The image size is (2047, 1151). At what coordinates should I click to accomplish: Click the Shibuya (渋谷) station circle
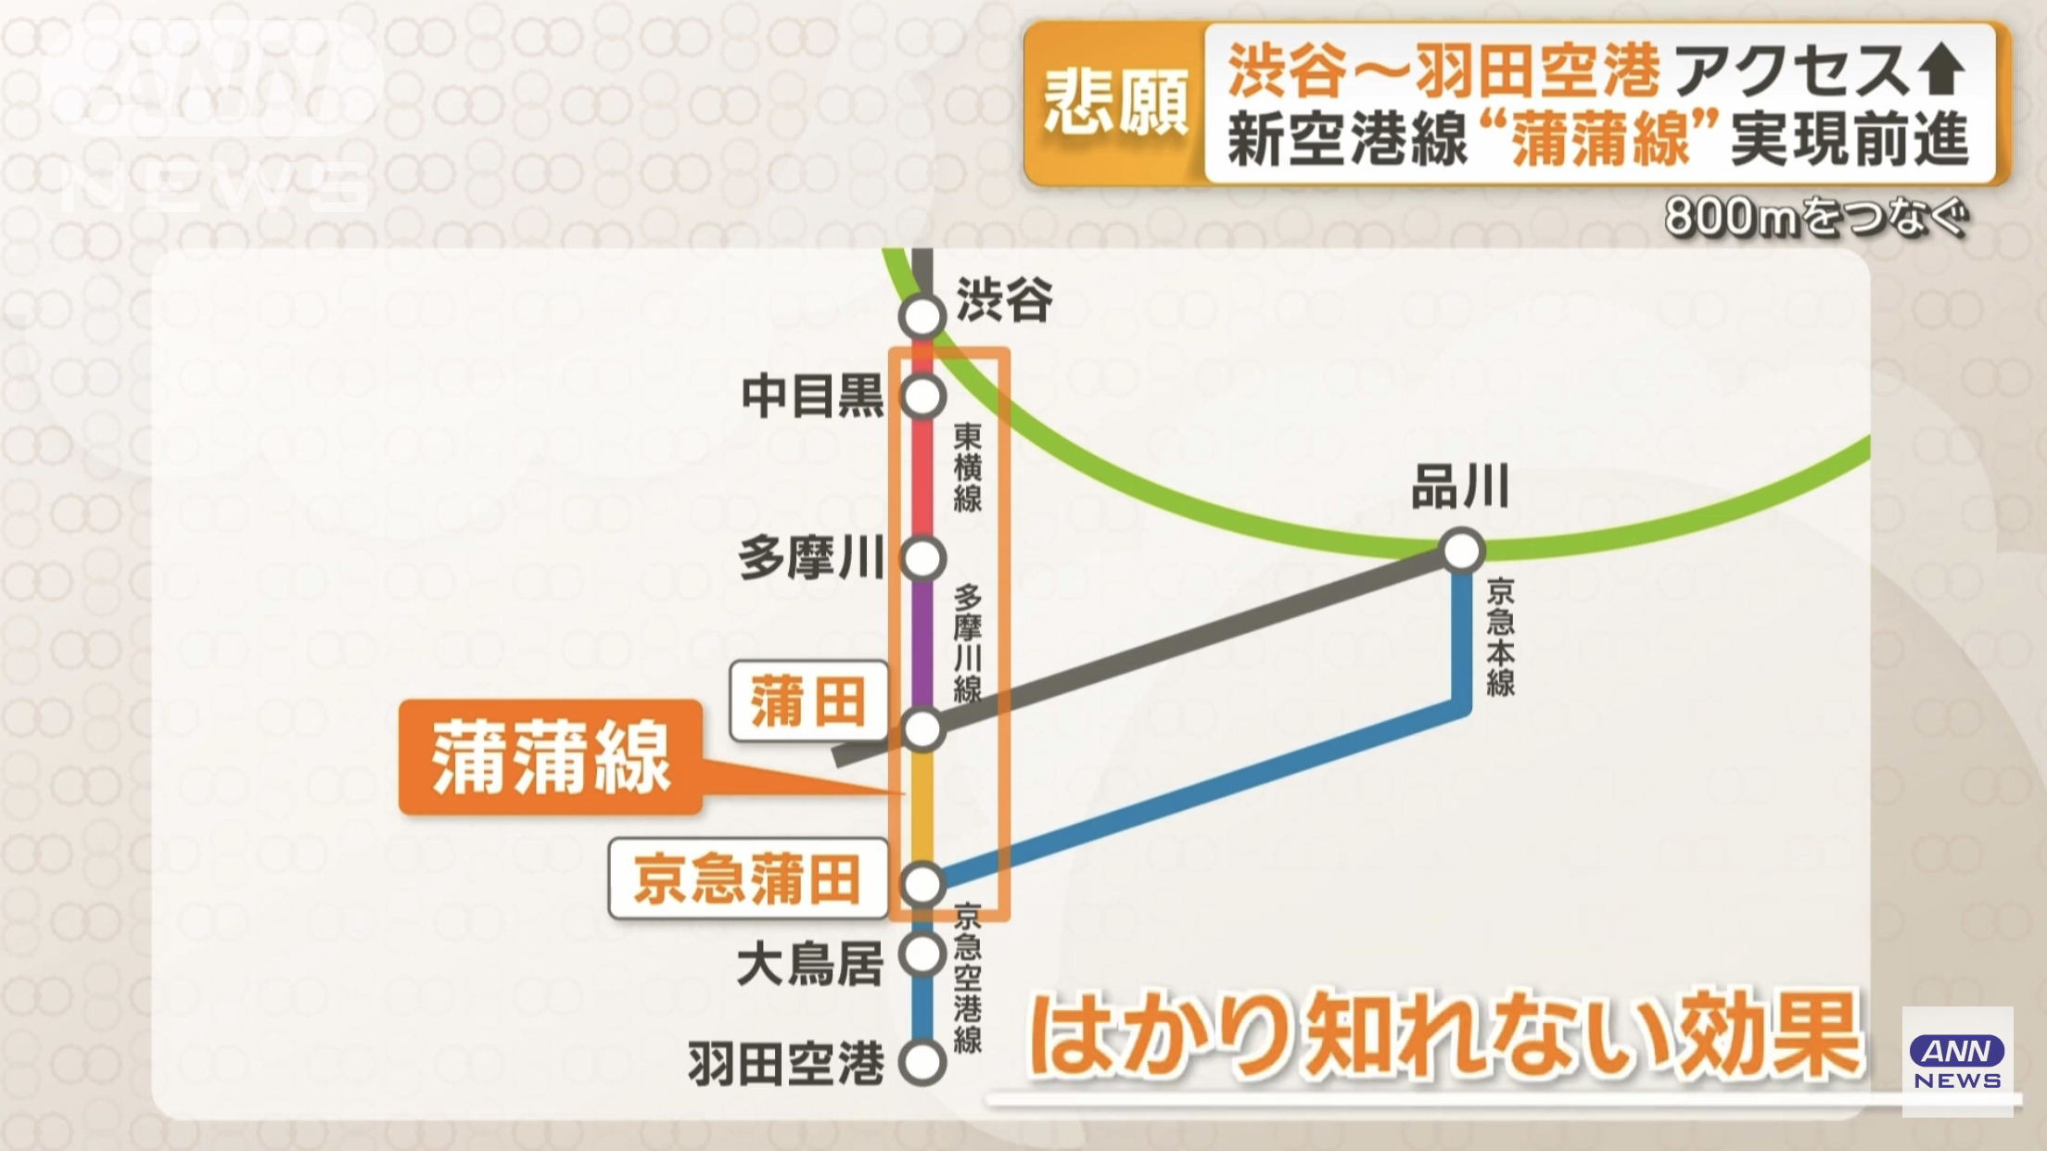click(x=922, y=317)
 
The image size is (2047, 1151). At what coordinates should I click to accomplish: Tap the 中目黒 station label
click(x=812, y=398)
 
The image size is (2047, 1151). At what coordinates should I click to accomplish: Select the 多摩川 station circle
click(x=922, y=559)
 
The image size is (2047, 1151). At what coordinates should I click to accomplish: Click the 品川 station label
click(x=1460, y=487)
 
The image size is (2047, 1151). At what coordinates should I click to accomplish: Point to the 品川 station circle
click(x=1462, y=551)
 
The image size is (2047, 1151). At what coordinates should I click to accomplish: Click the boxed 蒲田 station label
click(x=808, y=702)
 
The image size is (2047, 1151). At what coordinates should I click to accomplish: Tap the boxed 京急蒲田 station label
click(x=748, y=879)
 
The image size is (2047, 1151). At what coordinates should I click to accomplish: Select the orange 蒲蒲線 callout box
click(x=551, y=758)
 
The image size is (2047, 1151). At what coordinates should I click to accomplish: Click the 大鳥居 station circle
click(x=922, y=954)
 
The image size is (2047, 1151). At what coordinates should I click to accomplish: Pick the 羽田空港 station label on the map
click(x=786, y=1064)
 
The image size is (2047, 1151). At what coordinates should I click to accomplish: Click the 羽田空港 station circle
click(x=922, y=1062)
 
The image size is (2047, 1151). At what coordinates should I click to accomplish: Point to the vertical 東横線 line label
click(x=968, y=469)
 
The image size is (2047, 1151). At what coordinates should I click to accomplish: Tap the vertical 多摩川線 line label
click(x=968, y=643)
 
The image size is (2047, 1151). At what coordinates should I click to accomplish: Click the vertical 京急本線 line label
click(x=1501, y=638)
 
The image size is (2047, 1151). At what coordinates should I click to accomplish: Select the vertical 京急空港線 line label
click(x=968, y=979)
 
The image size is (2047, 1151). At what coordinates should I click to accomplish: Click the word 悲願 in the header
click(x=1115, y=103)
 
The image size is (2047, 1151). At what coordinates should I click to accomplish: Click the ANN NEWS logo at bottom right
click(x=1957, y=1062)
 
